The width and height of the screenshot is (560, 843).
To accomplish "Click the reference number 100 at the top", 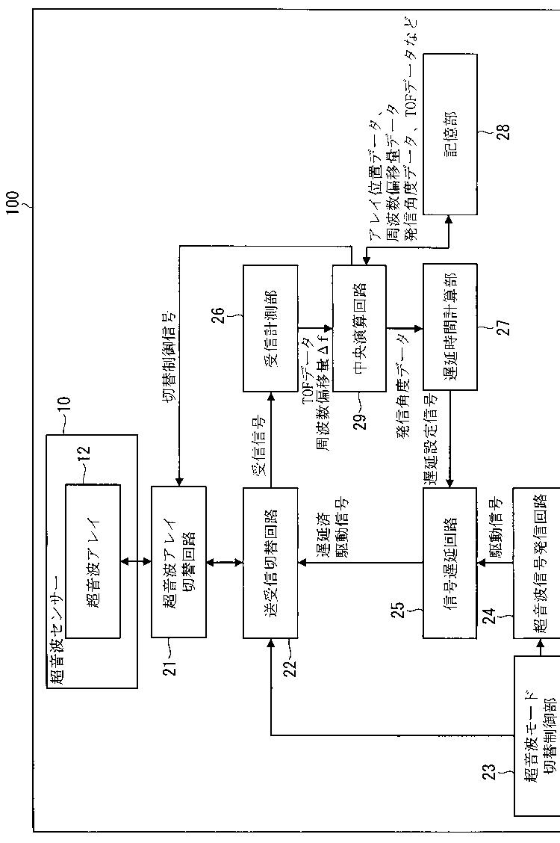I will [x=13, y=202].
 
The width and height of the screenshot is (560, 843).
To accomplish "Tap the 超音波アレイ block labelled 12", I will [x=93, y=561].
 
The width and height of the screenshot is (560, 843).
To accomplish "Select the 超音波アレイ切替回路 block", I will [x=178, y=561].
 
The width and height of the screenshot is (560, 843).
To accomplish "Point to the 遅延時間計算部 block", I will [x=449, y=327].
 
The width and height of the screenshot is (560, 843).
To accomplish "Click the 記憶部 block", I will [x=449, y=135].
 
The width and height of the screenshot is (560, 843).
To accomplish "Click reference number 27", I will [x=504, y=327].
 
